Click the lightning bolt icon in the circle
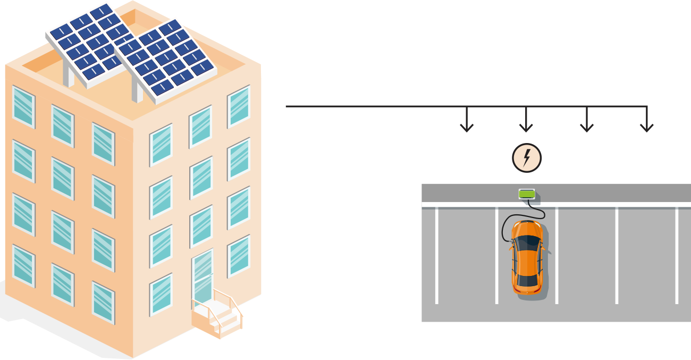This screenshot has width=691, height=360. tap(527, 158)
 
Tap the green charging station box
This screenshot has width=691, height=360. tap(527, 194)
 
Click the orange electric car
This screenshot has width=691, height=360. tap(527, 257)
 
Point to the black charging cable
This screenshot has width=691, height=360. tap(505, 226)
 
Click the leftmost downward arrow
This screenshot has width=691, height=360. tap(467, 122)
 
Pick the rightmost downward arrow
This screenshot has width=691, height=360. tap(646, 122)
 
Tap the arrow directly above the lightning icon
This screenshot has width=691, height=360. tap(526, 122)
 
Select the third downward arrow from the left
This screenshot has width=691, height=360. tap(586, 122)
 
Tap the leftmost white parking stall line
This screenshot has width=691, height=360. tap(436, 255)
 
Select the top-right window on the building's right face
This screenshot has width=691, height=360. tap(239, 106)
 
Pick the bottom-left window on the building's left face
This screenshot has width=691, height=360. tap(23, 266)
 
